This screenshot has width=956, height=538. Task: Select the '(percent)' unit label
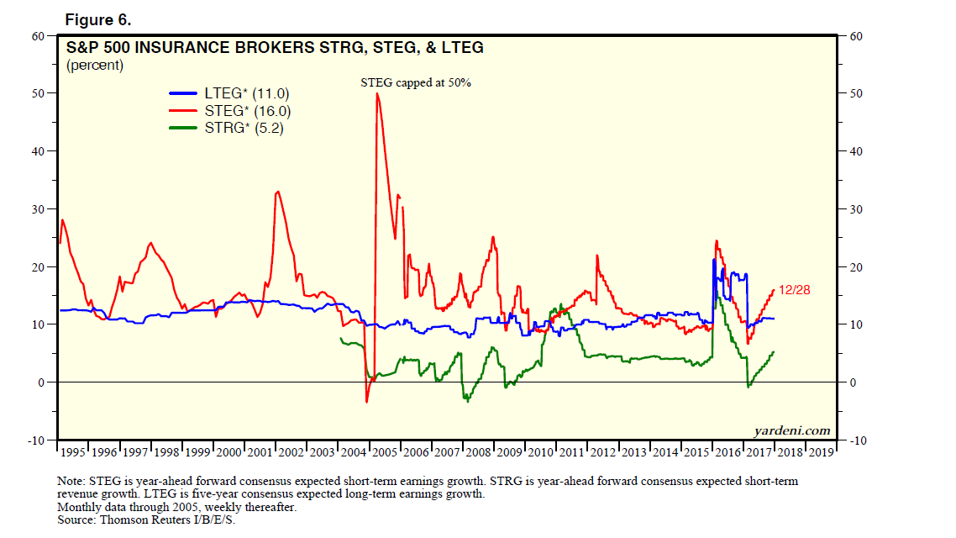click(94, 66)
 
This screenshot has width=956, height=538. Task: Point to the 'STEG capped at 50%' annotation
click(416, 83)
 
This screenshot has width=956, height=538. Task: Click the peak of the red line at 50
click(377, 93)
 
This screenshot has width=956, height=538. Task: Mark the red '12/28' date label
click(795, 290)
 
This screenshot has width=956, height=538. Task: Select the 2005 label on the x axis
click(384, 452)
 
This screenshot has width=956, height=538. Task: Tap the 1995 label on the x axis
click(74, 452)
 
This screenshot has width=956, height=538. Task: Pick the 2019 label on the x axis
click(820, 452)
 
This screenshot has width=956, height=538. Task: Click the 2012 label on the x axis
click(602, 452)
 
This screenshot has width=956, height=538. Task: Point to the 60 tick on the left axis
click(39, 36)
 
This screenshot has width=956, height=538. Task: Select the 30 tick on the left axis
click(39, 209)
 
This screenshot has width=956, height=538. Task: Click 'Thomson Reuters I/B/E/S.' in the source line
click(170, 520)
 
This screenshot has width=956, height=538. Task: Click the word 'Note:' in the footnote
click(72, 482)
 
